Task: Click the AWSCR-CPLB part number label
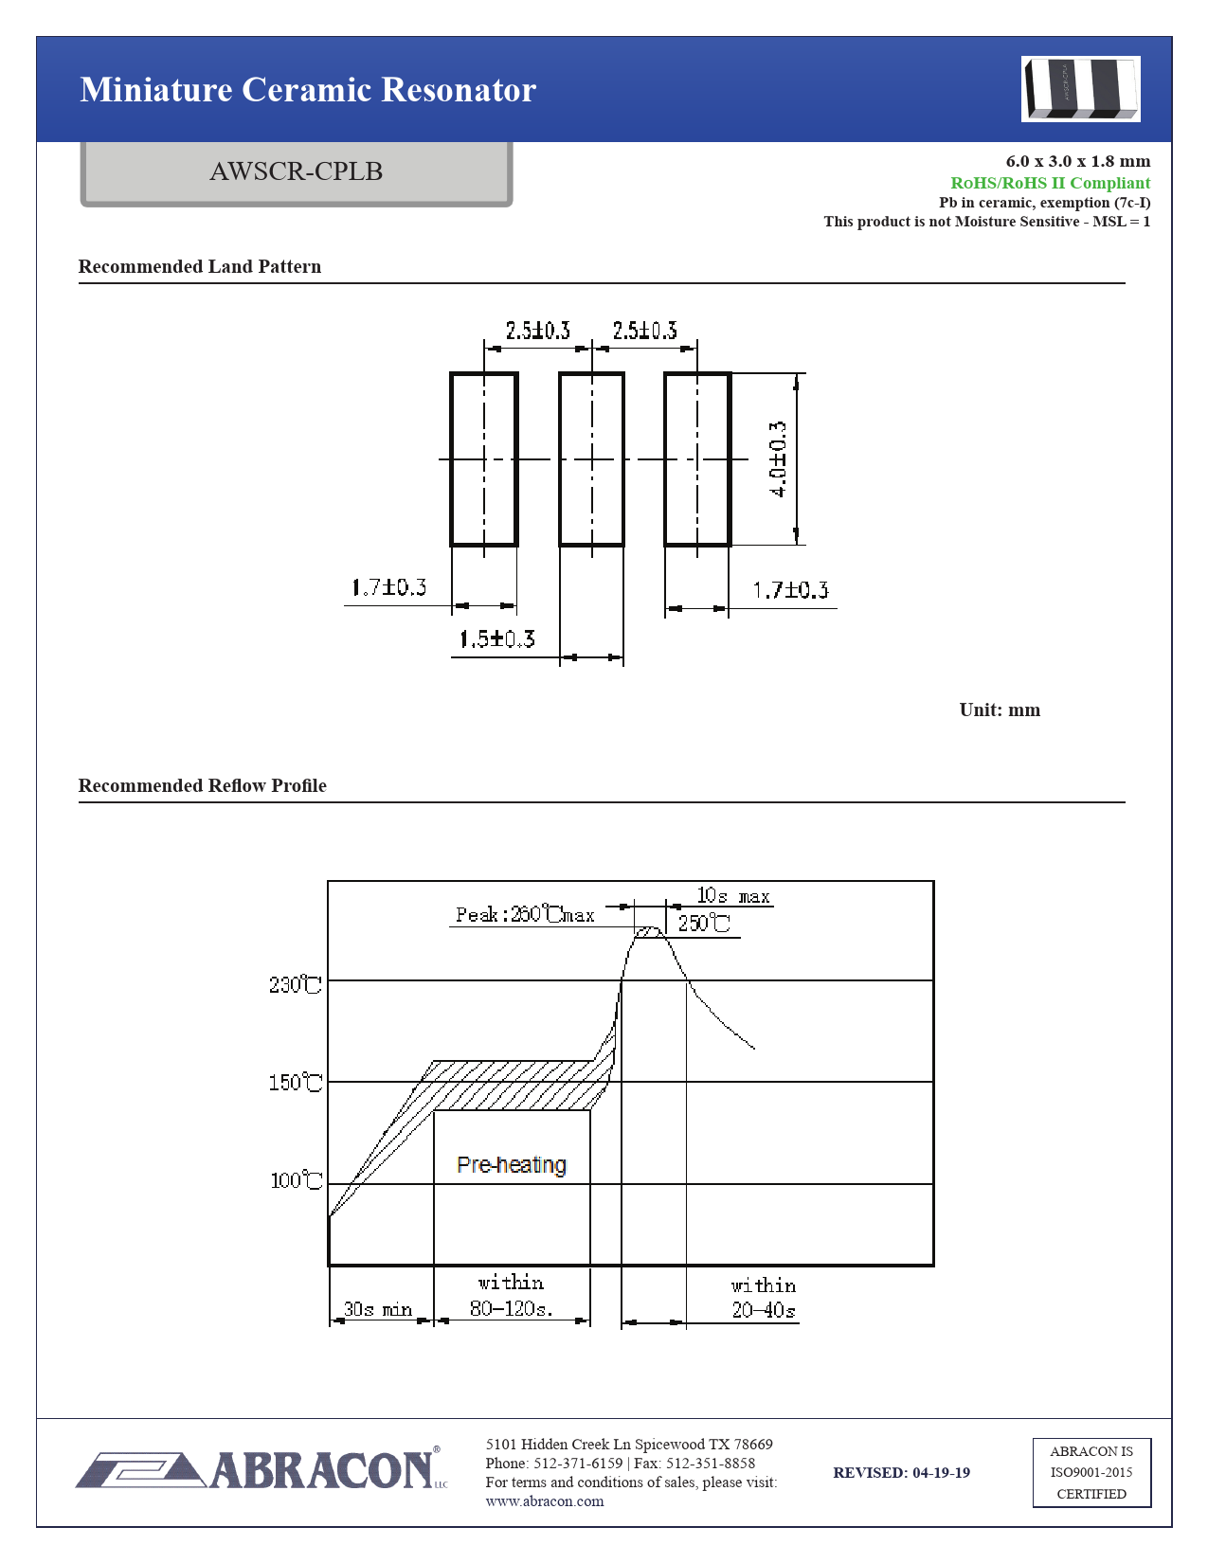(296, 171)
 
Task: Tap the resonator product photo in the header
(1080, 89)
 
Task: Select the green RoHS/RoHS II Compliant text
(1050, 183)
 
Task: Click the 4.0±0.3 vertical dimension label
(778, 458)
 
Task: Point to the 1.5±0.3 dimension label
(497, 638)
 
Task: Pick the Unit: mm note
(1000, 710)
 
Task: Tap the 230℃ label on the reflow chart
(295, 984)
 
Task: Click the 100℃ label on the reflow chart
(296, 1180)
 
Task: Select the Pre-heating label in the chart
(512, 1164)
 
